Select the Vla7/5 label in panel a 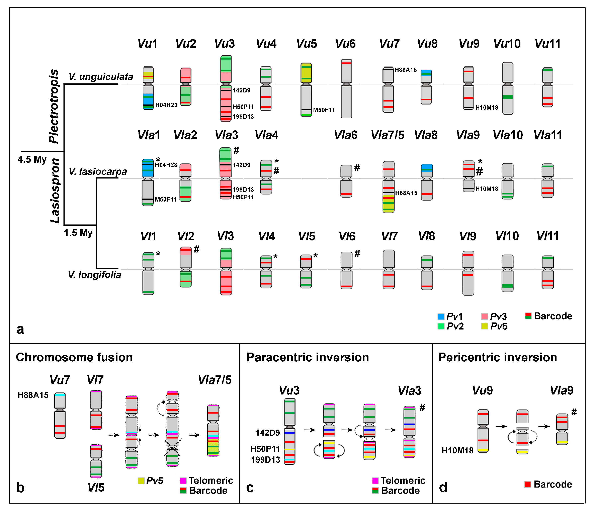[x=387, y=135]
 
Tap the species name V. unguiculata [x=101, y=77]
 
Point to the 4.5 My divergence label [x=32, y=159]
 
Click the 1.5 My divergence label [x=78, y=233]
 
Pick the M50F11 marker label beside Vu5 [x=324, y=110]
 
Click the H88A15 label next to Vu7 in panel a [x=405, y=70]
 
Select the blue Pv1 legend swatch [x=441, y=317]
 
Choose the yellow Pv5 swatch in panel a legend [x=485, y=326]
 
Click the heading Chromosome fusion [x=74, y=358]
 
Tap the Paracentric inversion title [x=308, y=358]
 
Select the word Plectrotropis [x=54, y=106]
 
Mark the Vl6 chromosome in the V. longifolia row [x=346, y=270]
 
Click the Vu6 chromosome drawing [x=346, y=89]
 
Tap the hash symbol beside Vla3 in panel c [x=422, y=408]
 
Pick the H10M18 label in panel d [x=457, y=450]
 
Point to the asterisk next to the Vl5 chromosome [x=315, y=256]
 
